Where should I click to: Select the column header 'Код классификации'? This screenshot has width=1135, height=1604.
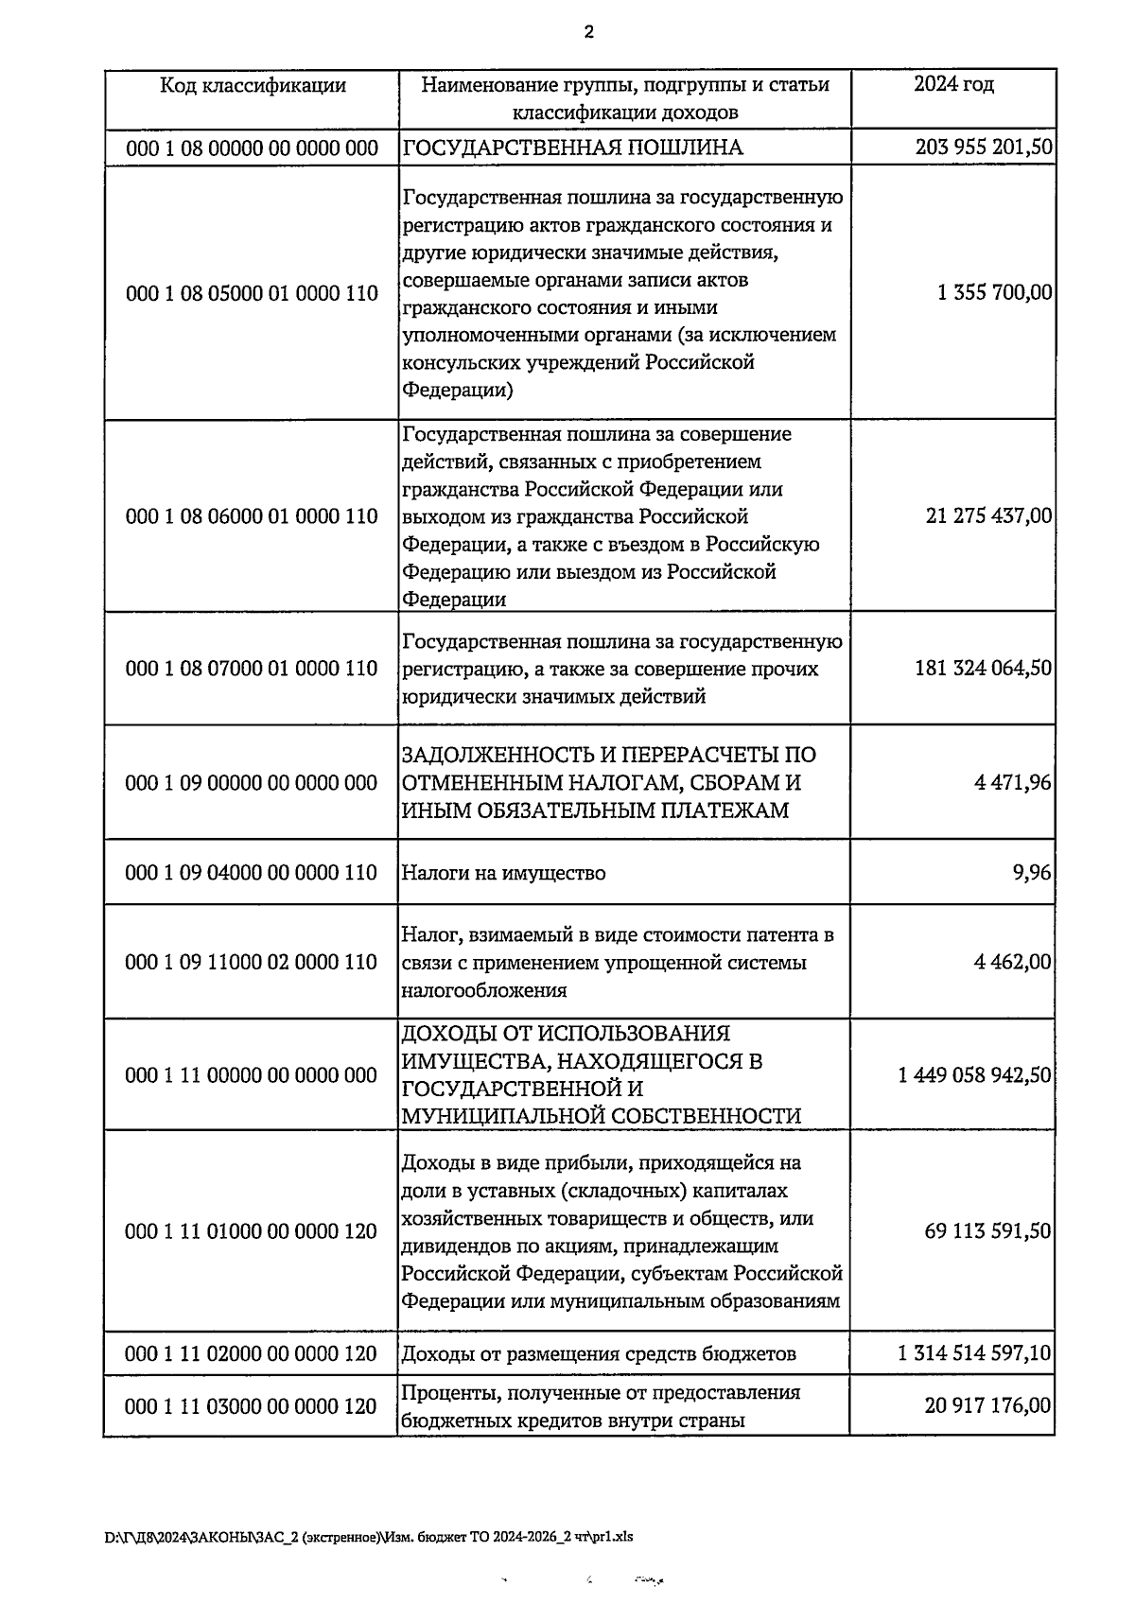pyautogui.click(x=252, y=86)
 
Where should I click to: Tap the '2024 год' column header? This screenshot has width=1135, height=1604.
pyautogui.click(x=952, y=85)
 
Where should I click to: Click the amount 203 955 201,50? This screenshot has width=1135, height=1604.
pyautogui.click(x=984, y=148)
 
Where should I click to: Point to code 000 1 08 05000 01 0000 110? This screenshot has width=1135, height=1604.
pyautogui.click(x=252, y=293)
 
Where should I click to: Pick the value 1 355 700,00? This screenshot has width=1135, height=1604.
pyautogui.click(x=994, y=293)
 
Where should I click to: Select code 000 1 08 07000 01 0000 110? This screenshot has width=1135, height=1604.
pyautogui.click(x=252, y=669)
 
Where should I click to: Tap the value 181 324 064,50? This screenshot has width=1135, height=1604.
pyautogui.click(x=983, y=669)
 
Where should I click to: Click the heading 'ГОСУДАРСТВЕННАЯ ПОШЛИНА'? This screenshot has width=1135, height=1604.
pyautogui.click(x=573, y=148)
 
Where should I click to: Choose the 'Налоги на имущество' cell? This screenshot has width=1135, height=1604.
pyautogui.click(x=504, y=873)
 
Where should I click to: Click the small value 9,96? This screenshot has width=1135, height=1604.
pyautogui.click(x=1032, y=873)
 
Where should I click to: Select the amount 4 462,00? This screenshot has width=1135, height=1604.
pyautogui.click(x=1012, y=962)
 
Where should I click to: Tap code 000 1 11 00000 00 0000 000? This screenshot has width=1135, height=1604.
pyautogui.click(x=252, y=1075)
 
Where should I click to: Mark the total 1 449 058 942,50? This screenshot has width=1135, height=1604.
pyautogui.click(x=975, y=1075)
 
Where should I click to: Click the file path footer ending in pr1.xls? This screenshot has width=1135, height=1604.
pyautogui.click(x=369, y=1537)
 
